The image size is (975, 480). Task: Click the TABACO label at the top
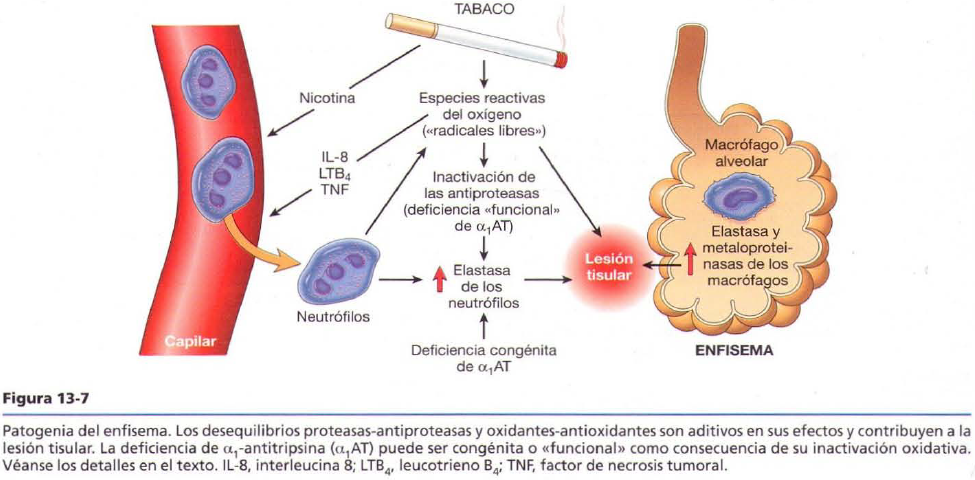pyautogui.click(x=484, y=9)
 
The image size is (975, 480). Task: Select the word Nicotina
pyautogui.click(x=327, y=98)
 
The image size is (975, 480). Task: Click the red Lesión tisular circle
pyautogui.click(x=608, y=266)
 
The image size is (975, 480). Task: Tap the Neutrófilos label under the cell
pyautogui.click(x=333, y=317)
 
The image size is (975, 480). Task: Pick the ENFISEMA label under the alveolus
pyautogui.click(x=734, y=352)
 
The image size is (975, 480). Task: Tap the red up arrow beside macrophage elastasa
pyautogui.click(x=690, y=258)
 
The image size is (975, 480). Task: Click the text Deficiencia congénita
pyautogui.click(x=484, y=351)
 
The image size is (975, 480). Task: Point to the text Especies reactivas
pyautogui.click(x=483, y=98)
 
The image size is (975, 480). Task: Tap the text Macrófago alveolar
pyautogui.click(x=741, y=152)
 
